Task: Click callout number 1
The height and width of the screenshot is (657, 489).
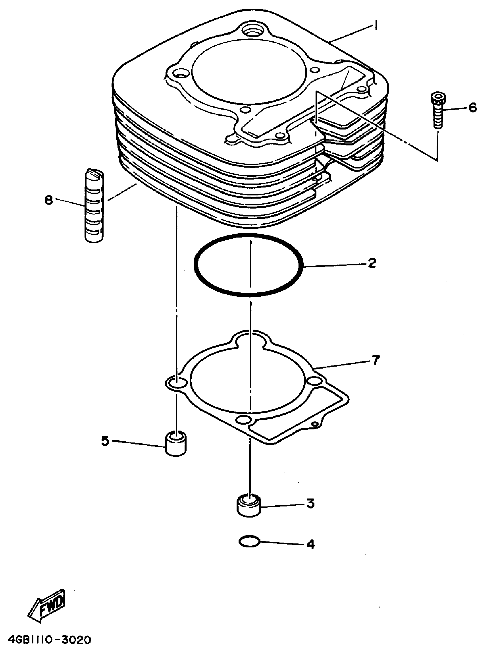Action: (376, 26)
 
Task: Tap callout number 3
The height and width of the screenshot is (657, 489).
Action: (310, 503)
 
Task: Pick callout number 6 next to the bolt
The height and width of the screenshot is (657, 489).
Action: (472, 107)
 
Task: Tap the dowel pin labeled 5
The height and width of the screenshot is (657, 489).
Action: (176, 444)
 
